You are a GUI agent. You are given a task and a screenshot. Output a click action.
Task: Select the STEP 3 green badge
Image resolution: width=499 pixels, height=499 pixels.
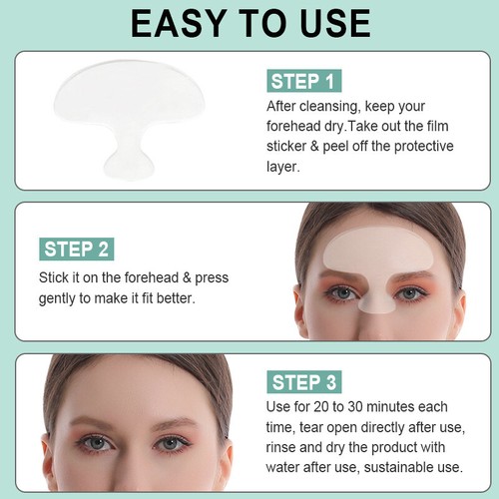[306, 381]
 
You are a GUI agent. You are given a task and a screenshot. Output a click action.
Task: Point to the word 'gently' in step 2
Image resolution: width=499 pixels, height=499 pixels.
[65, 298]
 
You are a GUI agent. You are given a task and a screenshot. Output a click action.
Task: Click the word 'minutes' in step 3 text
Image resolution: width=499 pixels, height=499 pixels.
[398, 407]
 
